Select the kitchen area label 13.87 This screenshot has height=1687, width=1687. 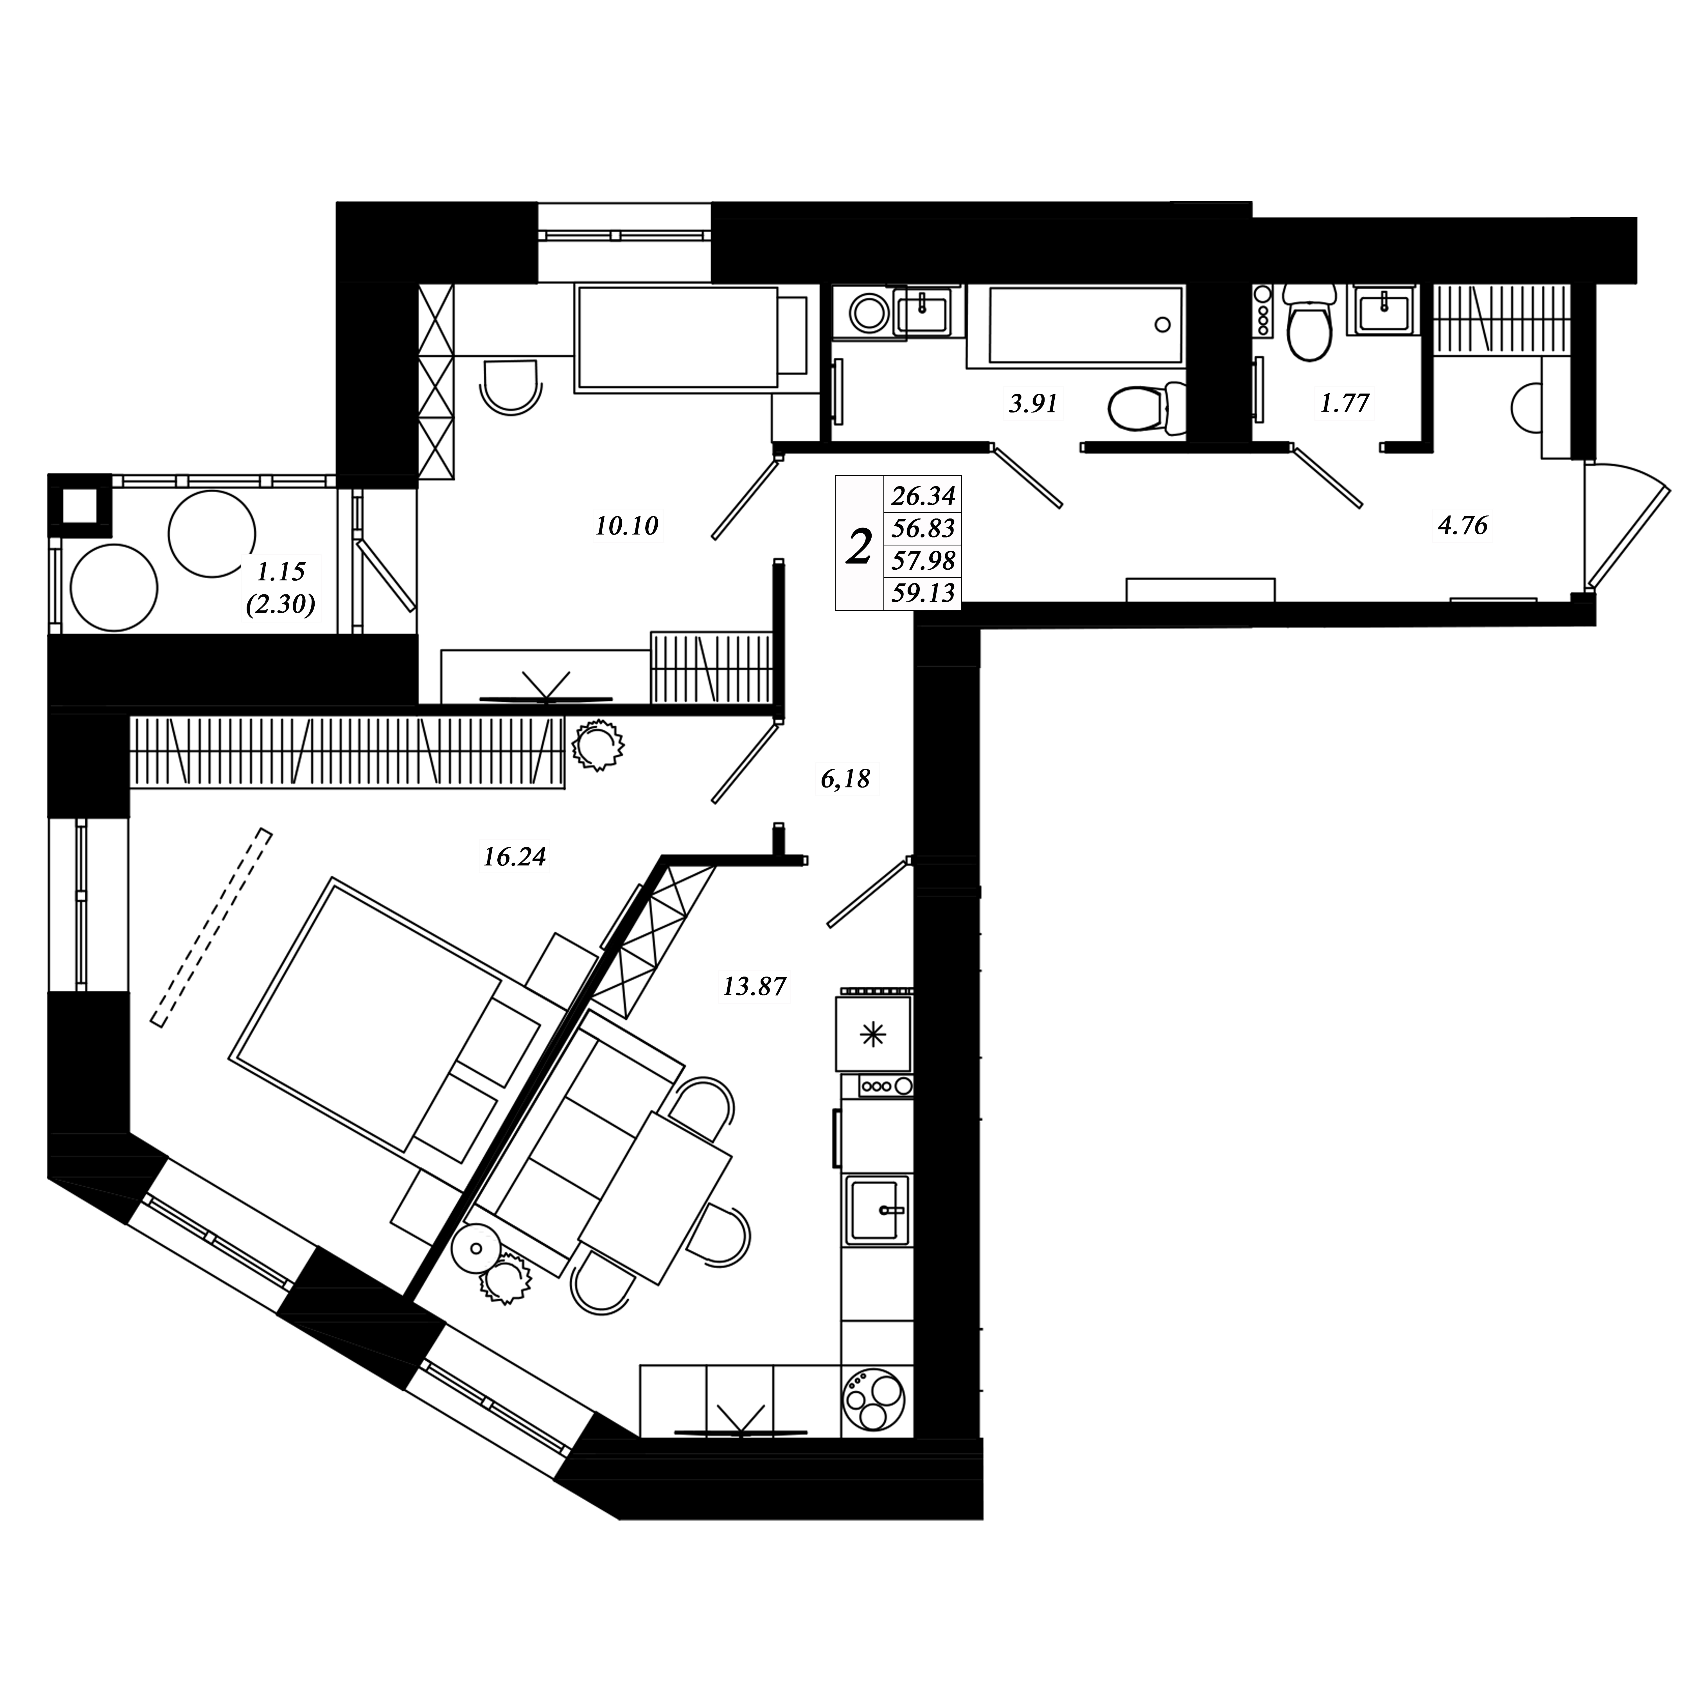click(754, 987)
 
